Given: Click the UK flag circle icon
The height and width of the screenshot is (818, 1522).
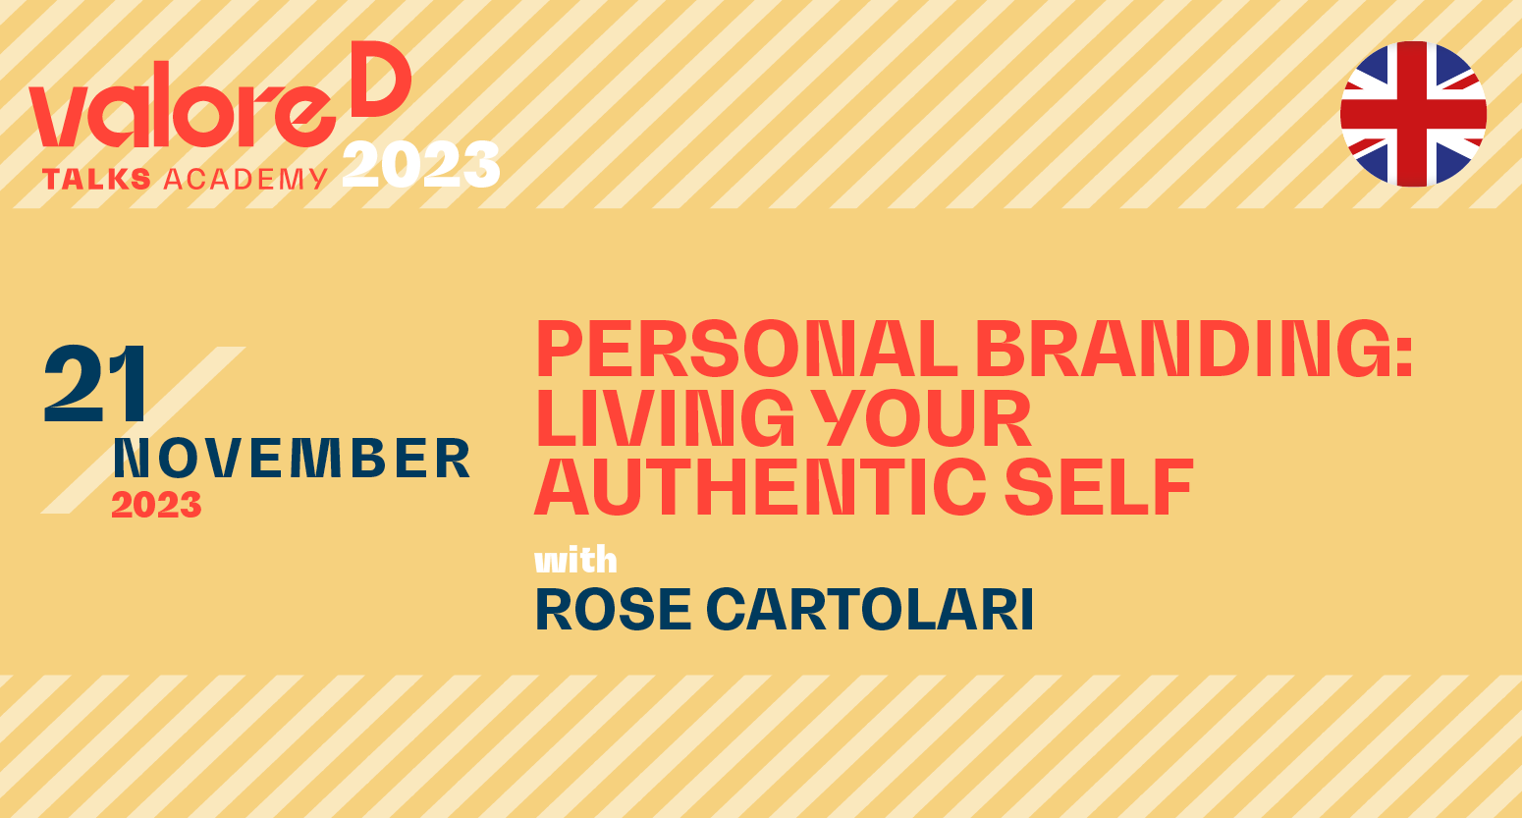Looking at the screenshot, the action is (1413, 114).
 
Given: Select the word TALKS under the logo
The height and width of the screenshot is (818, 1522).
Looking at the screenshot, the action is (96, 180).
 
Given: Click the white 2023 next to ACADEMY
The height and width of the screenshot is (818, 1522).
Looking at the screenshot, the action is (420, 164).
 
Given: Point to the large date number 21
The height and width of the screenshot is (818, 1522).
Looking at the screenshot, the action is (95, 384).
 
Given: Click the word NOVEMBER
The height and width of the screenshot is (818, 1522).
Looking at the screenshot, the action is (293, 458).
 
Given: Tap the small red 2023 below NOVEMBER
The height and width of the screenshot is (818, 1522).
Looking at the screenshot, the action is (156, 505).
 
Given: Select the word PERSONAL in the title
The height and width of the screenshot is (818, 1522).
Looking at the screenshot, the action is (746, 349).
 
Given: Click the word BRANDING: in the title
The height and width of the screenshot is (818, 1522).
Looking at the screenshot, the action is (1194, 349).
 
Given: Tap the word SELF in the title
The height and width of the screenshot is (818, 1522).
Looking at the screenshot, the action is (1099, 486).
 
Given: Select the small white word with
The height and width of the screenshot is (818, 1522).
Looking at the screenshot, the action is (575, 561).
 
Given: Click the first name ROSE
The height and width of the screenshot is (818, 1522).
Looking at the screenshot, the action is (614, 610).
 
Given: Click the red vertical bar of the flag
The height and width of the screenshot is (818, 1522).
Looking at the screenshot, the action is (1414, 114).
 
